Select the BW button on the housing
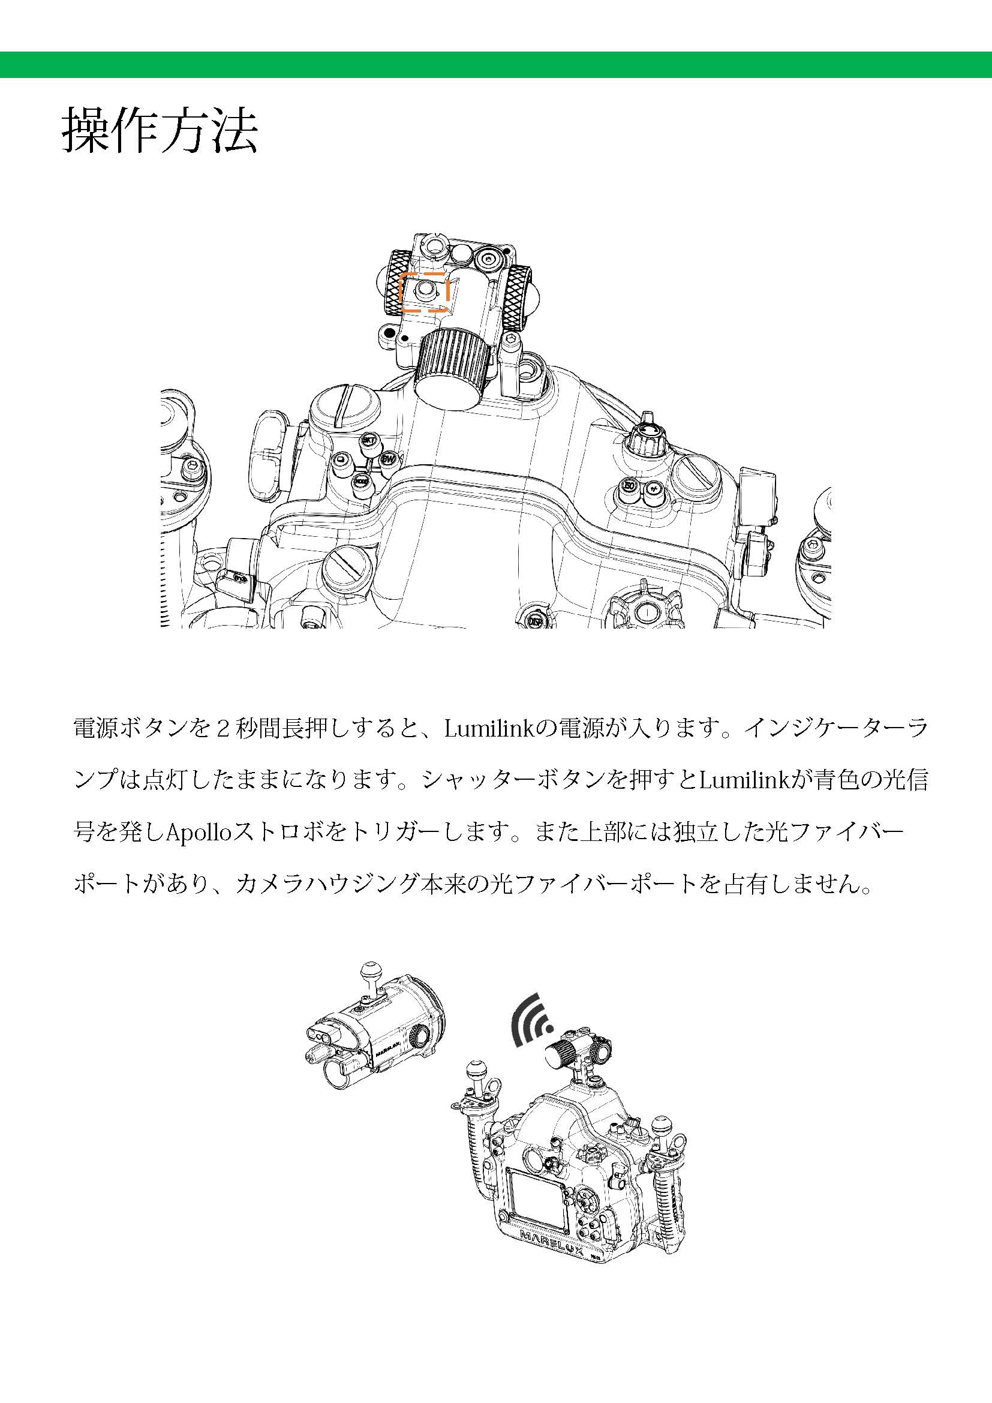coord(388,458)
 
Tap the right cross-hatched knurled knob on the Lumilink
coord(519,297)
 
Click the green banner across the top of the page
coord(496,65)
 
